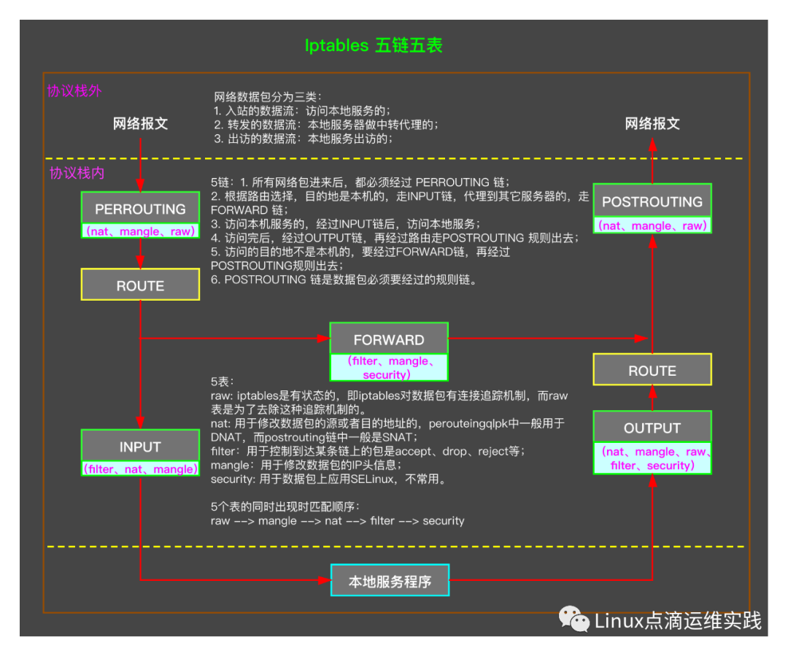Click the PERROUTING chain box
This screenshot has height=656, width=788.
140,209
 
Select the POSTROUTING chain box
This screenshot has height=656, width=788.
652,201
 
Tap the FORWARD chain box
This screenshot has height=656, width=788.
388,339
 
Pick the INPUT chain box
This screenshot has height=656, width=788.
140,446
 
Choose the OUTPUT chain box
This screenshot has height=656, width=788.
652,428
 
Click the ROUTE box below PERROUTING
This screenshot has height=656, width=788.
140,285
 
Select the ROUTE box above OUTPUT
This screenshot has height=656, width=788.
652,370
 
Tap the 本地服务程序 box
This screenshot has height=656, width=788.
390,581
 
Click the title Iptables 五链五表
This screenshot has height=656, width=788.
374,45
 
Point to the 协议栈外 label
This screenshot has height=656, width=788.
74,91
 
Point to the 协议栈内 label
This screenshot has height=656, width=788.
77,173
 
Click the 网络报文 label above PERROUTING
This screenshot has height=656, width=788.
140,123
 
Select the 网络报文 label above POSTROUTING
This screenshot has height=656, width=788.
652,123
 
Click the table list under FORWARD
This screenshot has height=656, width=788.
388,368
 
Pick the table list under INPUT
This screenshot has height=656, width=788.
140,469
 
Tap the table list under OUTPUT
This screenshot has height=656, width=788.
652,459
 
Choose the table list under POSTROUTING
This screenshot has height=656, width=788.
652,225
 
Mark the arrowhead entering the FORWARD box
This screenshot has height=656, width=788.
323,338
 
